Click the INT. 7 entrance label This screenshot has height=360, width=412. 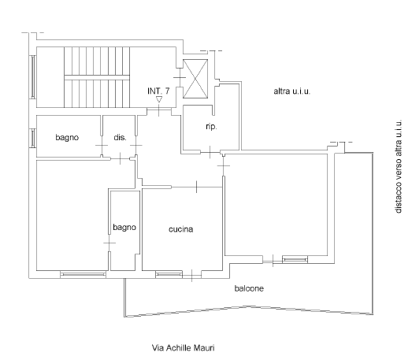(x=158, y=91)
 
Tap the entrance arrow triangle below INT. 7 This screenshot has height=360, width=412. (x=158, y=99)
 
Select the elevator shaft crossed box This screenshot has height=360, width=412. (x=195, y=79)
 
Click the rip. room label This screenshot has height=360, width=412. (x=211, y=127)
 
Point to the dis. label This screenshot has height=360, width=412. (x=120, y=137)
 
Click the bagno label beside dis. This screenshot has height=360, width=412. (x=67, y=137)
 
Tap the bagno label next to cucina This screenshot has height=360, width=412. (x=124, y=228)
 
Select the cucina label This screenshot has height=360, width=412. (x=180, y=229)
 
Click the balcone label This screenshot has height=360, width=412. (x=249, y=288)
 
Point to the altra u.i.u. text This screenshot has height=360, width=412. (x=292, y=91)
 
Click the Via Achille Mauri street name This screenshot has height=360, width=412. (x=183, y=348)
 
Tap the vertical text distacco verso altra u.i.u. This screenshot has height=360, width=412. (x=399, y=166)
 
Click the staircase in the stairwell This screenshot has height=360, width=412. (x=97, y=77)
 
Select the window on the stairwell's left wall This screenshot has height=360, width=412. (x=33, y=77)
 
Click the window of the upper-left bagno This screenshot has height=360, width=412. (x=33, y=138)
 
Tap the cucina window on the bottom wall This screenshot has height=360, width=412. (x=169, y=275)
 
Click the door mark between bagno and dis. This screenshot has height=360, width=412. (x=102, y=145)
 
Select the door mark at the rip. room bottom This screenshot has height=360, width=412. (x=210, y=152)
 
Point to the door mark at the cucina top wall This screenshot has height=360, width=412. (x=196, y=187)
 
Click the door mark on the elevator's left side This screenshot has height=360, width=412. (x=180, y=77)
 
